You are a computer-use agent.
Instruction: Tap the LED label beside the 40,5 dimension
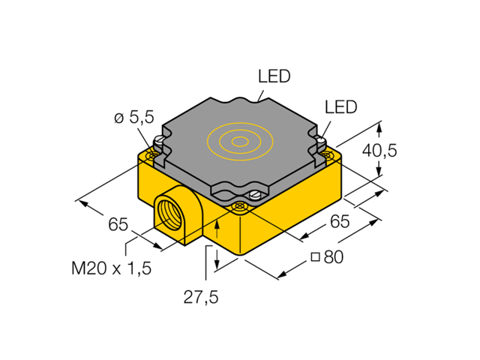tap(340, 107)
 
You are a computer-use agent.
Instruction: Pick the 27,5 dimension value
tap(201, 297)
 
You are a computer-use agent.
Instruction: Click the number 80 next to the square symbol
tap(333, 257)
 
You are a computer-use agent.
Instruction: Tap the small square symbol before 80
tap(316, 257)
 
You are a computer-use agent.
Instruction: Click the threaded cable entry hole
tap(166, 214)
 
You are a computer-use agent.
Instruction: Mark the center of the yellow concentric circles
tap(240, 141)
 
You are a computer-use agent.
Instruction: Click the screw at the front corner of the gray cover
tap(254, 196)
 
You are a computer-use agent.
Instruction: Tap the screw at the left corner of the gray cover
tap(158, 141)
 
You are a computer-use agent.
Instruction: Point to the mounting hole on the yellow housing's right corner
tap(328, 156)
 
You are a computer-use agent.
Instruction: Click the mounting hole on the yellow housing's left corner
tap(152, 155)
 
